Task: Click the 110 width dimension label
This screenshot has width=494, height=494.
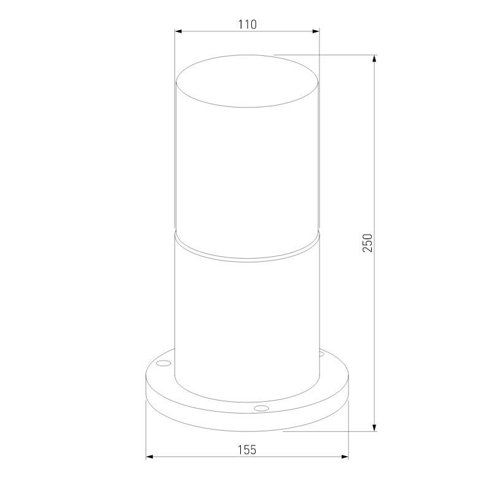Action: coord(248,24)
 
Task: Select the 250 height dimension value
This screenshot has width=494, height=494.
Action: coord(367,243)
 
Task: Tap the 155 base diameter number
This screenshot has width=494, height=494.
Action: coord(247,450)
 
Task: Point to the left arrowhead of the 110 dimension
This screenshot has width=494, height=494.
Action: coord(179,31)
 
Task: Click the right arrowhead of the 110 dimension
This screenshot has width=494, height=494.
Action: coord(316,31)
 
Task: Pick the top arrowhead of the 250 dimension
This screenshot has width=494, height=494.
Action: coord(374,59)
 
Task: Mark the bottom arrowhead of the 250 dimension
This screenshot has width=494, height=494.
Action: coord(374,427)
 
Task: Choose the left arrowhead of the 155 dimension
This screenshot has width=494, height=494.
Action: coord(150,457)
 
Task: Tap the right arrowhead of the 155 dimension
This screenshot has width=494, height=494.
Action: coord(345,457)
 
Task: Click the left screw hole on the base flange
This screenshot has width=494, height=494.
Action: coord(163,363)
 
